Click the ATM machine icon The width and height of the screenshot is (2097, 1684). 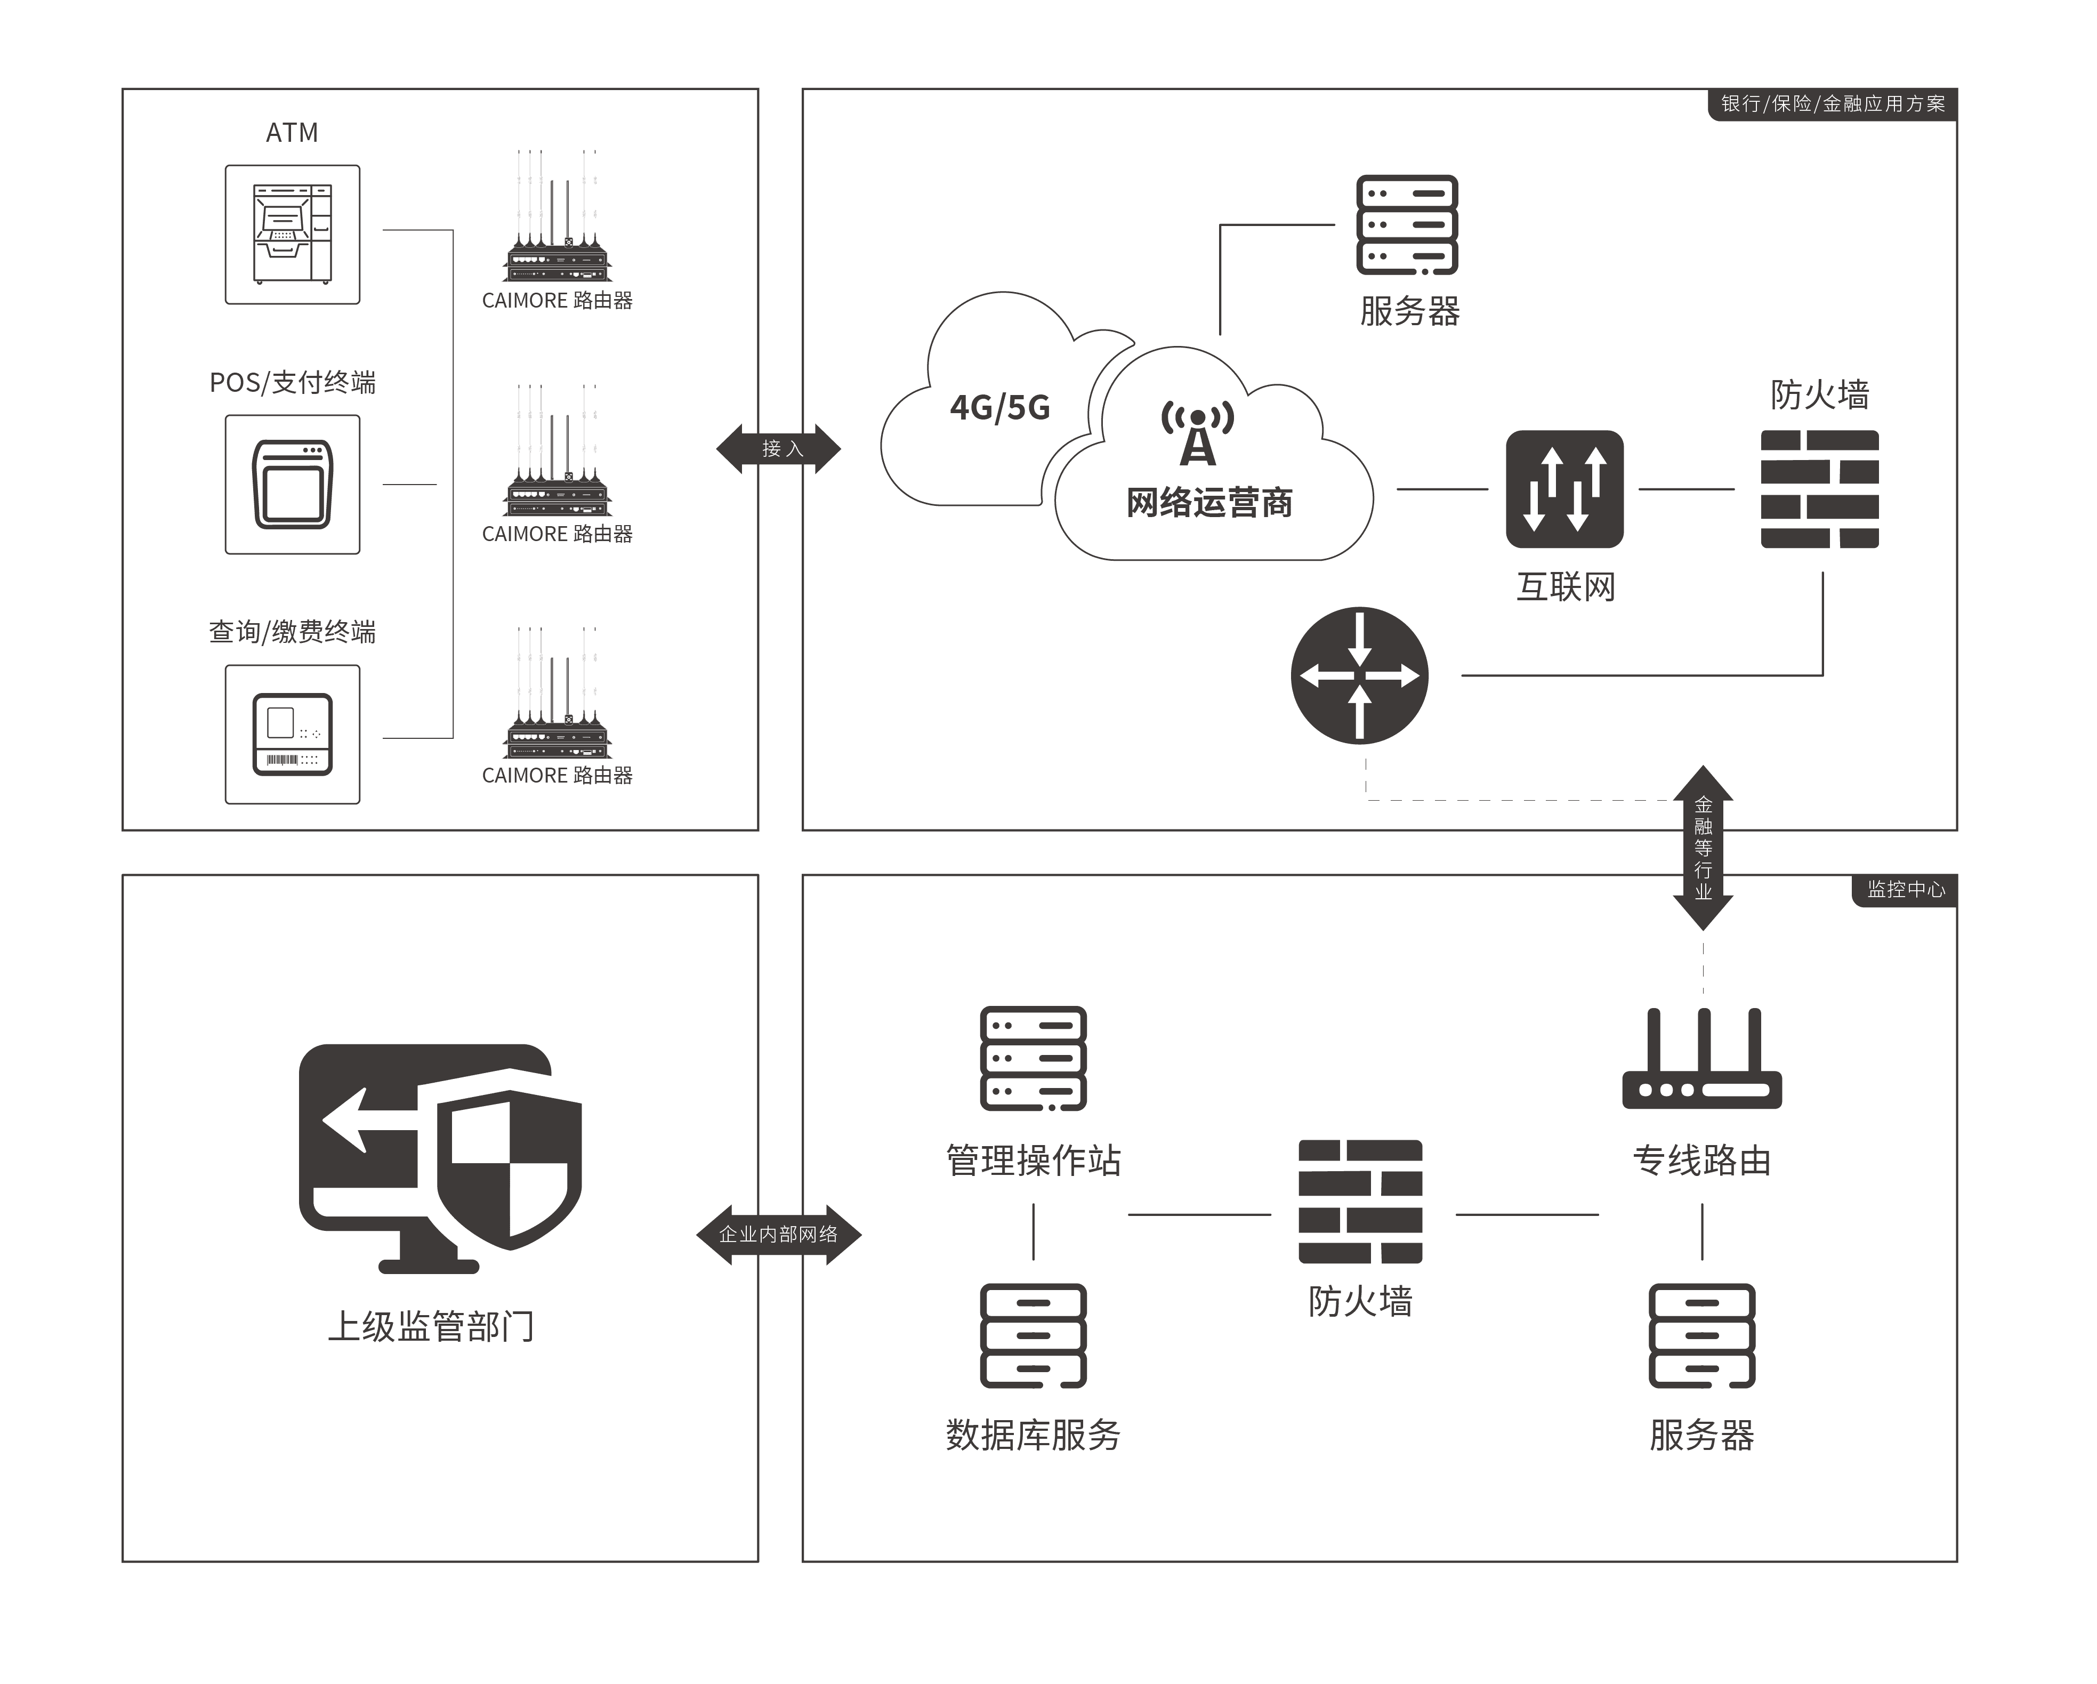(293, 235)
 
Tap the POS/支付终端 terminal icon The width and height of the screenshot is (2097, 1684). (293, 485)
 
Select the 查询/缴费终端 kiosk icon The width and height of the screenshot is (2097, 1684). (293, 735)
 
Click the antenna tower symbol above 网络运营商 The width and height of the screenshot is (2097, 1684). (1197, 433)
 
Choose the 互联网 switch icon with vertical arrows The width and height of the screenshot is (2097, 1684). (1564, 489)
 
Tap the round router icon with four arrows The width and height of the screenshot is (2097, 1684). (1360, 676)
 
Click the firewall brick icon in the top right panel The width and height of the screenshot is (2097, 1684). (1820, 489)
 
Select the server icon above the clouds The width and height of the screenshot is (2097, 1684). (1407, 225)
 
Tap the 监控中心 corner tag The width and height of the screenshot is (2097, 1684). (1906, 889)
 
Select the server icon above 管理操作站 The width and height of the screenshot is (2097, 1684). (1033, 1059)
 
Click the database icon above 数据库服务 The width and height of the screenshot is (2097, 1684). (1033, 1336)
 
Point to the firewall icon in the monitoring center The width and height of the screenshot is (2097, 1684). (1360, 1202)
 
